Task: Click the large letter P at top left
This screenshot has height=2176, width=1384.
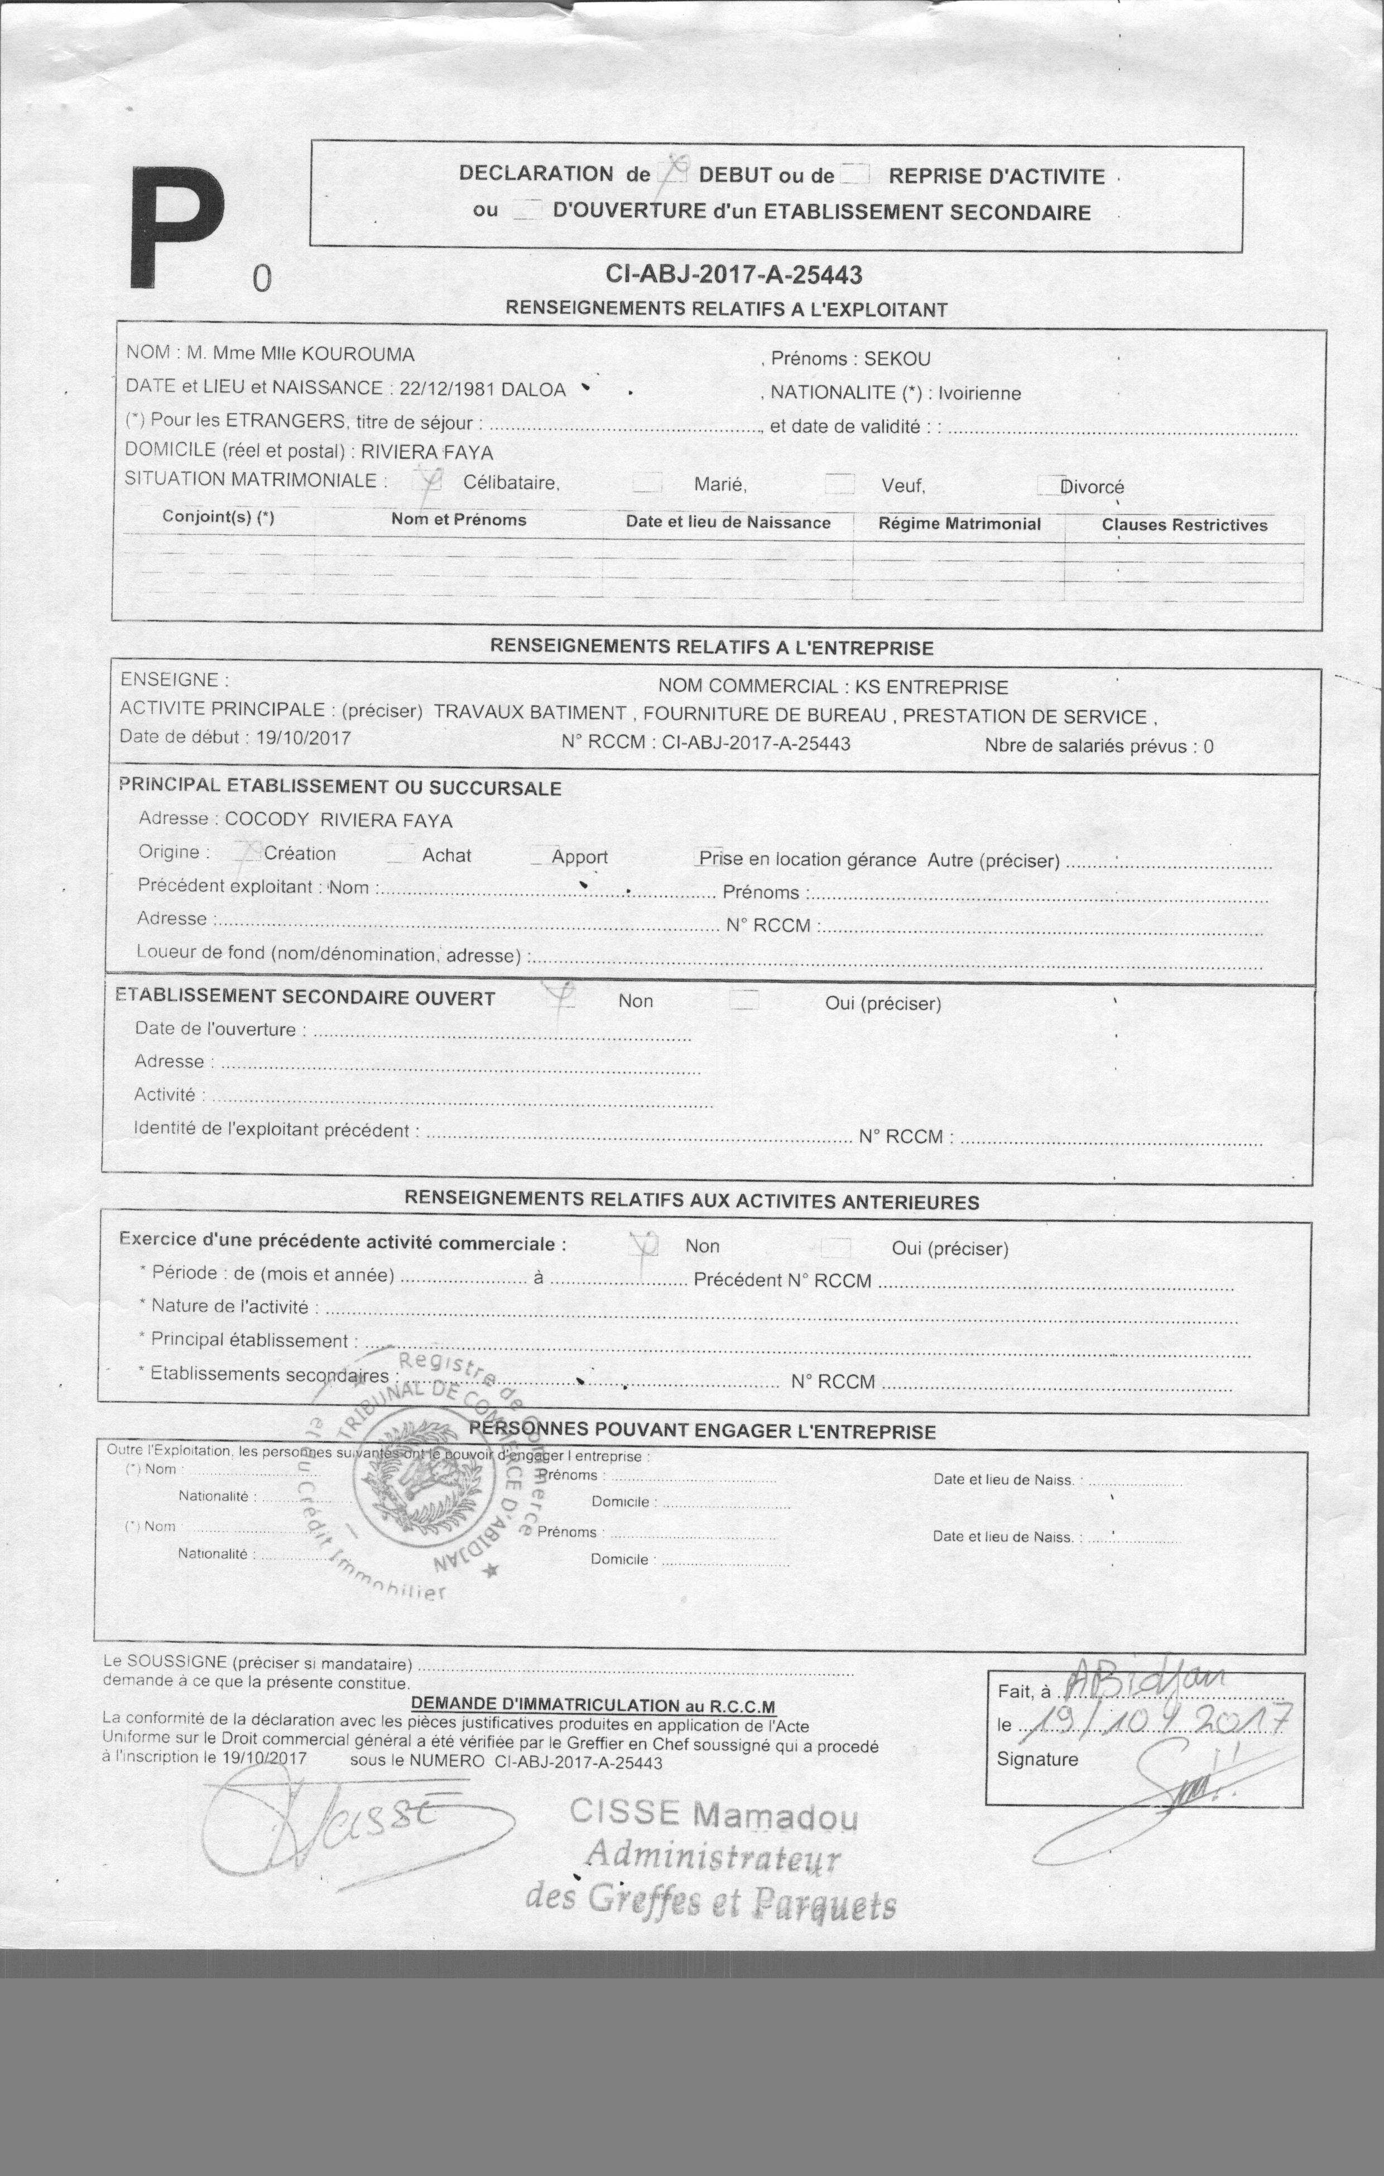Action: tap(177, 228)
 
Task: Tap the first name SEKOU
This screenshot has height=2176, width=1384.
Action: tap(896, 358)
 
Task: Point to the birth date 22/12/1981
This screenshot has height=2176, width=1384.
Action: tap(446, 390)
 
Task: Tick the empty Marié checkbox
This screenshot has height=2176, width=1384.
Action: tap(647, 484)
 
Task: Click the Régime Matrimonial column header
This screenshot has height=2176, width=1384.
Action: tap(959, 524)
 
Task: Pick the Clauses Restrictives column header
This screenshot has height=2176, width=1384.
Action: tap(1184, 525)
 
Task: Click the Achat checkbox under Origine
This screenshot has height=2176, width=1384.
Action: tap(400, 853)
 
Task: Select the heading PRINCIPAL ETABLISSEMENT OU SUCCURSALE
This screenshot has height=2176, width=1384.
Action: tap(340, 786)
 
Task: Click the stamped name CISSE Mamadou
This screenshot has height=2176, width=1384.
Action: tap(714, 1814)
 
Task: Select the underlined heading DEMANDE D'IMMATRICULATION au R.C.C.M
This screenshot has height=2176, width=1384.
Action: tap(593, 1705)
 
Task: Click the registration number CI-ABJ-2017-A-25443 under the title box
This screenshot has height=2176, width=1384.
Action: tap(733, 275)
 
